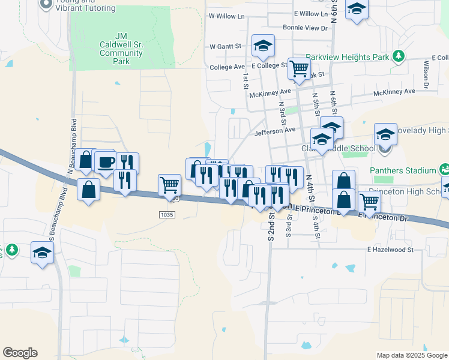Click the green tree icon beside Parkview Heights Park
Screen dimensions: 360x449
pyautogui.click(x=397, y=56)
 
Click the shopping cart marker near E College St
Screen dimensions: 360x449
pyautogui.click(x=298, y=68)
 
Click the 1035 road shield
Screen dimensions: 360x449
pyautogui.click(x=167, y=214)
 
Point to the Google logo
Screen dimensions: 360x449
pyautogui.click(x=20, y=353)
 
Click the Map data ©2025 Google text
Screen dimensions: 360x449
pyautogui.click(x=412, y=355)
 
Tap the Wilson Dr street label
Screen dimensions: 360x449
pyautogui.click(x=425, y=76)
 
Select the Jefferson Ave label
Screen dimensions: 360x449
pyautogui.click(x=276, y=130)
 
